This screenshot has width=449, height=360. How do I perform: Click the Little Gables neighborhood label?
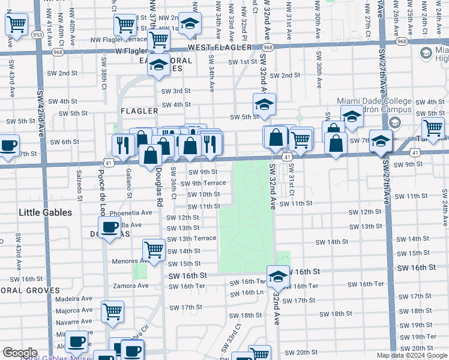(x=46, y=212)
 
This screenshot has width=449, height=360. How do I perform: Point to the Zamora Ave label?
(x=130, y=286)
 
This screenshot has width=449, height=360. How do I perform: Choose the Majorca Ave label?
(x=74, y=311)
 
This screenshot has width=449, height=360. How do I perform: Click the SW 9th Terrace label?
(x=207, y=183)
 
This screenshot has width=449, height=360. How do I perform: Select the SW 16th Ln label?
(x=249, y=293)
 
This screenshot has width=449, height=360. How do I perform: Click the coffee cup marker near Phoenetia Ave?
(x=109, y=227)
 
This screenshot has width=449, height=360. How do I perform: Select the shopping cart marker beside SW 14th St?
(x=154, y=249)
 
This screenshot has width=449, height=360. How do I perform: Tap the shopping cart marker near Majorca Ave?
(x=113, y=311)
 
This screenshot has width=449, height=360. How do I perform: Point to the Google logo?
(x=20, y=353)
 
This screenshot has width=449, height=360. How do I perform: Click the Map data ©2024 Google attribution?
(x=411, y=355)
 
